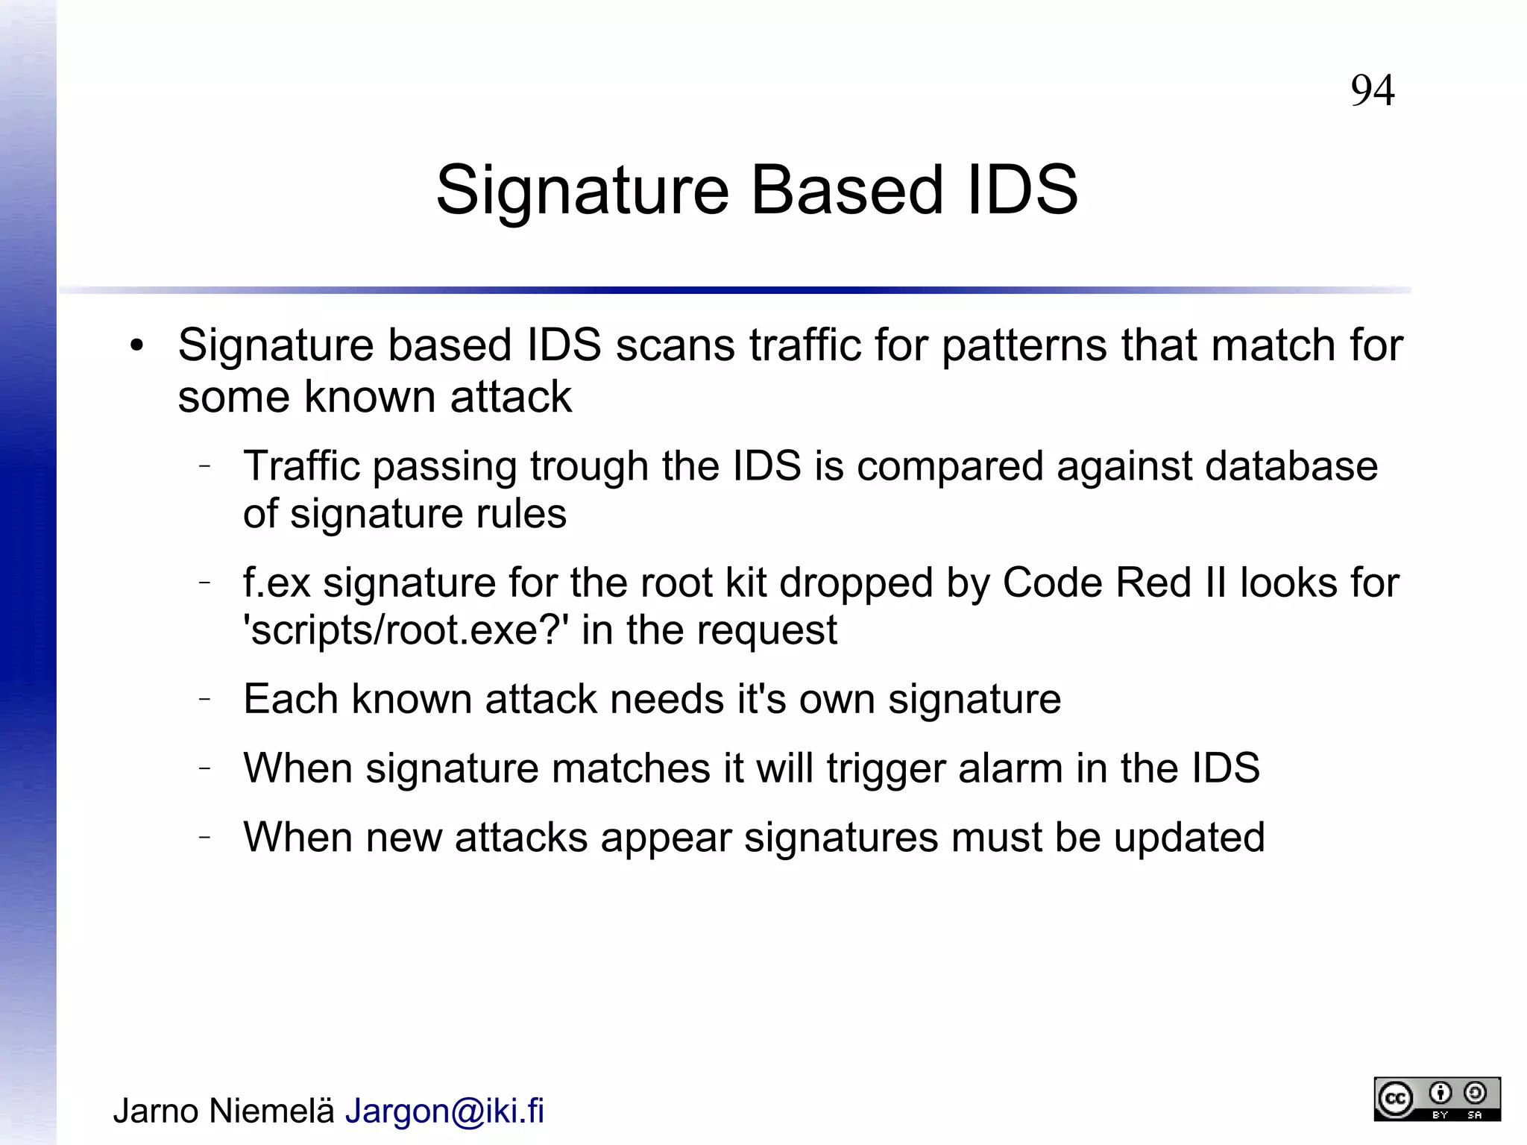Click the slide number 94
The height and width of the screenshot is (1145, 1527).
[x=1372, y=91]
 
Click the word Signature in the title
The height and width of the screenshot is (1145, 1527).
[x=582, y=190]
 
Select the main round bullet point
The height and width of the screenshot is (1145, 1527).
[x=136, y=346]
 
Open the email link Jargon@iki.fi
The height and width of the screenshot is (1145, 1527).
[x=444, y=1111]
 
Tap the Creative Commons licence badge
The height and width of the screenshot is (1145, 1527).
[x=1437, y=1099]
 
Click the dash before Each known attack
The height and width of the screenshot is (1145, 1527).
[x=206, y=699]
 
